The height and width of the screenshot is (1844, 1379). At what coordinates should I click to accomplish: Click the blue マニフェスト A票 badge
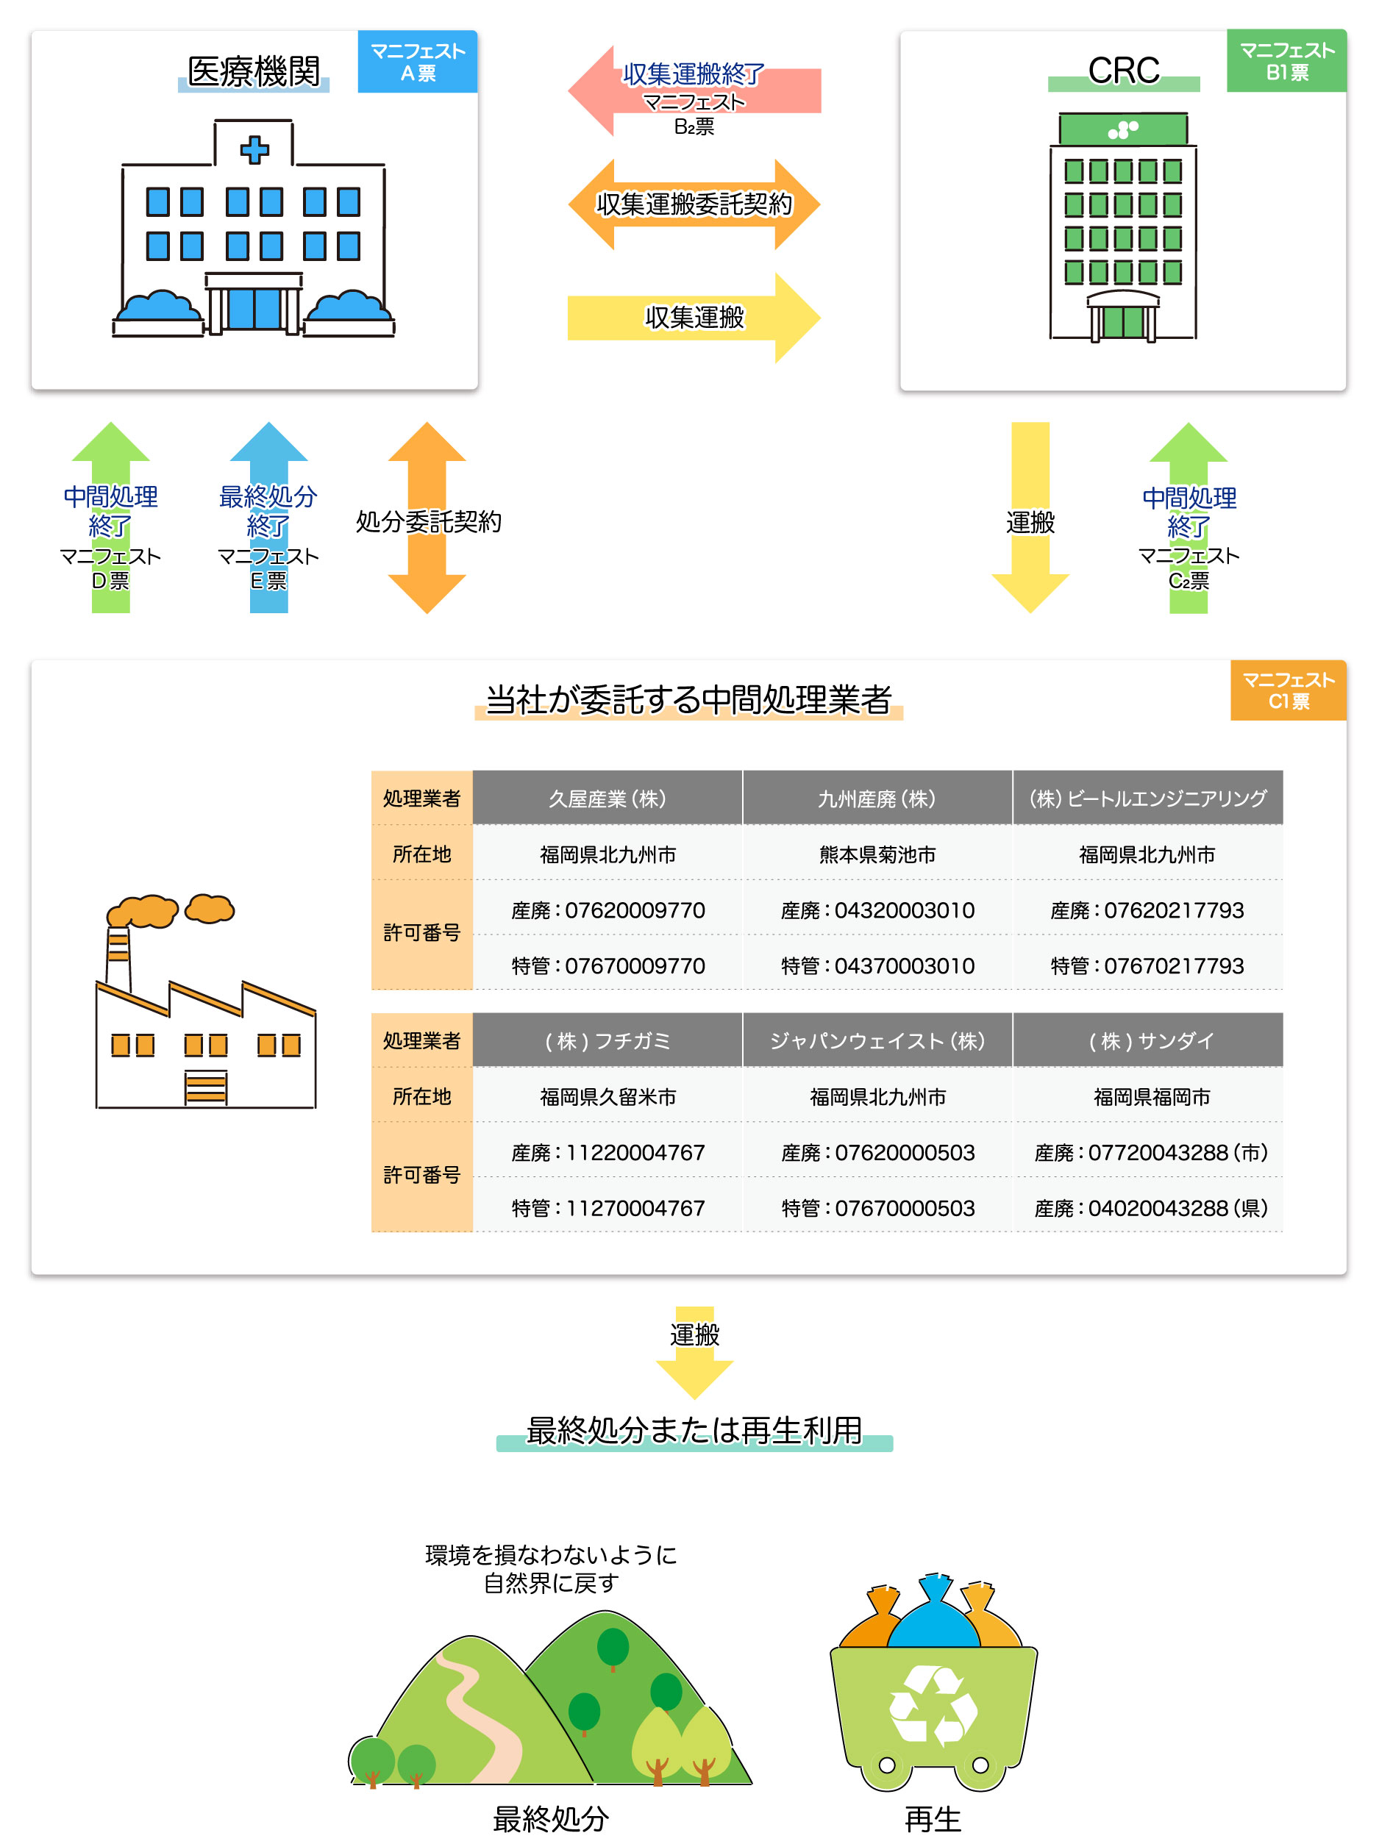(417, 62)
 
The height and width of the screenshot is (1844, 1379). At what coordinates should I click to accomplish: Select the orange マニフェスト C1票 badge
(1287, 690)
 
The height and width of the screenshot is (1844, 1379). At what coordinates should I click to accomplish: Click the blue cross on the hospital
(254, 150)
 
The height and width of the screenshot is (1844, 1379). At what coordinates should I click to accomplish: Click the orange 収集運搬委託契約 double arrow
(694, 204)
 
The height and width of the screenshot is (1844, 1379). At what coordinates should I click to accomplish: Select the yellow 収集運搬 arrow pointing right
(694, 318)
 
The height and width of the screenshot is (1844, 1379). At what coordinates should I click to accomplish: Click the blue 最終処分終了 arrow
(268, 517)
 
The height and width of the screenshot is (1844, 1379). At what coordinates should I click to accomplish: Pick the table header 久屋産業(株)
(607, 798)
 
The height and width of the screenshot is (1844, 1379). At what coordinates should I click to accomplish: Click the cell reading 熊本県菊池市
(877, 854)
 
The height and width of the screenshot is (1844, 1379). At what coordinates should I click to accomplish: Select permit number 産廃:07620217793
(1147, 910)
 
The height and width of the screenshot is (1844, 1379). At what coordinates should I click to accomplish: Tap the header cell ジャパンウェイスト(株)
(877, 1040)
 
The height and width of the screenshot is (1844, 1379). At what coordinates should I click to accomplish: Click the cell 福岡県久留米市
(607, 1096)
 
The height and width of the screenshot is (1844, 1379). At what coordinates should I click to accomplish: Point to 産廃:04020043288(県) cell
(1150, 1207)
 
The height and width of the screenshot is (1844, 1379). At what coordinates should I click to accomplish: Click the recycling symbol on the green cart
(932, 1705)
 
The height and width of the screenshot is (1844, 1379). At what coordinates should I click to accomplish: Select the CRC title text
(1123, 71)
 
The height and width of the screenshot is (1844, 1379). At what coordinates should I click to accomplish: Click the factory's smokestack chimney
(118, 954)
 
